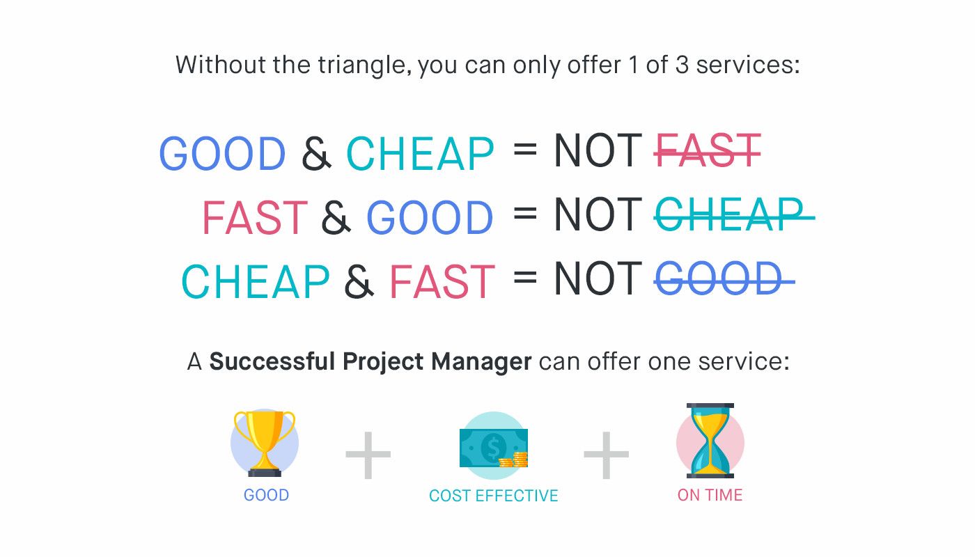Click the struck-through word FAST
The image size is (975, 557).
[x=707, y=151]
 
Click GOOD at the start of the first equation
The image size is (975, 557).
[x=222, y=154]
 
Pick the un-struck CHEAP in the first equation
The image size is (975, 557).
[x=420, y=154]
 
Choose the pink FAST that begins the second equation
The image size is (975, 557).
[x=254, y=218]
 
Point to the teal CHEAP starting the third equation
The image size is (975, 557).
[x=255, y=282]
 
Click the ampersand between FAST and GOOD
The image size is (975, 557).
[x=336, y=218]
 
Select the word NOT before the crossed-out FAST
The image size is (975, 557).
[x=598, y=151]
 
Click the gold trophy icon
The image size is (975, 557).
[x=265, y=442]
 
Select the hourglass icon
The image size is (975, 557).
[x=710, y=440]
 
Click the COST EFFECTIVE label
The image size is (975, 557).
[x=493, y=496]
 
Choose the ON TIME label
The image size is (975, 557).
[x=710, y=495]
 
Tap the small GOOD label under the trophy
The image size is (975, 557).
[x=266, y=495]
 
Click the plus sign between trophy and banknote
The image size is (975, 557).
[x=368, y=455]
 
